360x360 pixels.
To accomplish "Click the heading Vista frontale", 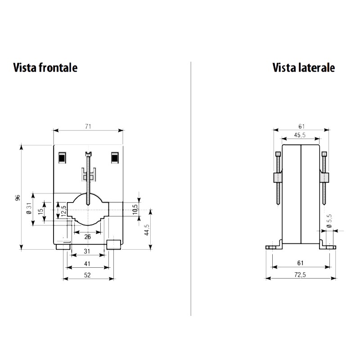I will pyautogui.click(x=45, y=67).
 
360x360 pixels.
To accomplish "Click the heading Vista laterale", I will pyautogui.click(x=303, y=67).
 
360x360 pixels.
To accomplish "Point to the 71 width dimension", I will pyautogui.click(x=88, y=127).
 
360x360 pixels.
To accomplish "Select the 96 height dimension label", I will pyautogui.click(x=18, y=198).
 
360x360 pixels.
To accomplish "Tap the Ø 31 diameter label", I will pyautogui.click(x=28, y=209).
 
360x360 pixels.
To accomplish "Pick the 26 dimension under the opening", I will pyautogui.click(x=87, y=237).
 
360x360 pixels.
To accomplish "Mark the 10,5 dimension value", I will pyautogui.click(x=135, y=210).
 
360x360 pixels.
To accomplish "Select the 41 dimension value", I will pyautogui.click(x=88, y=263).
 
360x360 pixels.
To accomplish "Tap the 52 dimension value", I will pyautogui.click(x=88, y=275).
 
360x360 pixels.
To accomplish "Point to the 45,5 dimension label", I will pyautogui.click(x=301, y=135).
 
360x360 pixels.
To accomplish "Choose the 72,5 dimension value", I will pyautogui.click(x=300, y=275).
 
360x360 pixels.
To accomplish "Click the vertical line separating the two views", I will pyautogui.click(x=191, y=189).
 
